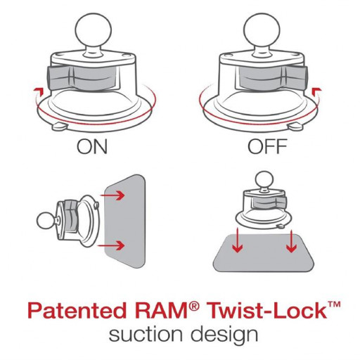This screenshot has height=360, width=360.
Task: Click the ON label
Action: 92,146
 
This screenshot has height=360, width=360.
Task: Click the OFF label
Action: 267,146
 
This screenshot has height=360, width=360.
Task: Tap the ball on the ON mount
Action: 94,30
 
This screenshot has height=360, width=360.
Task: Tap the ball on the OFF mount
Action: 262,30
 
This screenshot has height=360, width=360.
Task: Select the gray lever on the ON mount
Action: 82,78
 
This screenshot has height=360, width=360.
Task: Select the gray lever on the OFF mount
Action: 273,78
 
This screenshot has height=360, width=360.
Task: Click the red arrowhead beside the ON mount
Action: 38,91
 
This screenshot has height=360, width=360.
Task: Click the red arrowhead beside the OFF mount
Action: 316,91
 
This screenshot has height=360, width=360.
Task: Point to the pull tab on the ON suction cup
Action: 60,127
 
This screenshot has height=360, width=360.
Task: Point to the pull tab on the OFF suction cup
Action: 295,127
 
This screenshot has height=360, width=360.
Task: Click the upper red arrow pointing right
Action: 112,195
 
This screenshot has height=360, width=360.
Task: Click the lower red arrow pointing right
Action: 111,245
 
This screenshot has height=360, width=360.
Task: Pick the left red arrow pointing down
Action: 238,240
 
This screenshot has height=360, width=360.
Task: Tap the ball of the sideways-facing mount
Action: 46,221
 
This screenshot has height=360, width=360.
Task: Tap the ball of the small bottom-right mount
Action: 264,180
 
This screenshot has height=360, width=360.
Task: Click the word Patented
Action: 77,311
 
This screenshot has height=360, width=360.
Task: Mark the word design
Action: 224,335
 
